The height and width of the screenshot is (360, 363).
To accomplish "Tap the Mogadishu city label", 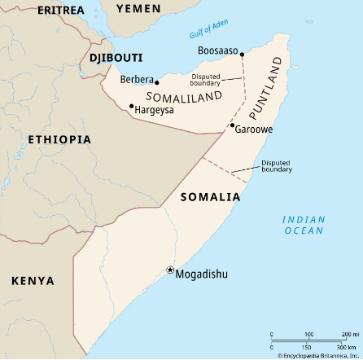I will coord(202,274).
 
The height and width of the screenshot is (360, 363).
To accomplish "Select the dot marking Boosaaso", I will coord(242,55).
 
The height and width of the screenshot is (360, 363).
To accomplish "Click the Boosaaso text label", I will coord(218,51).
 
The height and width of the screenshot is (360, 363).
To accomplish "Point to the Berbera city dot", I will coord(157,82).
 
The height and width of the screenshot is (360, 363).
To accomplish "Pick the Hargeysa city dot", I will coord(131,105).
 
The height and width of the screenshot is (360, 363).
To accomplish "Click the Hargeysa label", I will coord(155,109).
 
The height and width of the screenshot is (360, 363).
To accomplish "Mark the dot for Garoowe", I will coord(232,125).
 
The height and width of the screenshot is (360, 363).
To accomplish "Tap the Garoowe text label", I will coord(254,130).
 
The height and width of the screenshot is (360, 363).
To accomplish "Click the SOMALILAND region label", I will coord(184,96).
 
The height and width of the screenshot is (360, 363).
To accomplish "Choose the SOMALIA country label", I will coord(210,197).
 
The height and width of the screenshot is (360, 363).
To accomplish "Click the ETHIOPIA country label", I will coord(59,139).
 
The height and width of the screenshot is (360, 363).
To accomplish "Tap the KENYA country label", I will coord(33,281).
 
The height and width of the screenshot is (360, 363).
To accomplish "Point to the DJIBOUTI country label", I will coord(116,58).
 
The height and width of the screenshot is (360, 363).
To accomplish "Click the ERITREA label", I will coord(60,10).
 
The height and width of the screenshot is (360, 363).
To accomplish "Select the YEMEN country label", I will coord(138,8).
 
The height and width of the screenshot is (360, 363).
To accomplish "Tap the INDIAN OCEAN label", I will coord(304,226).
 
